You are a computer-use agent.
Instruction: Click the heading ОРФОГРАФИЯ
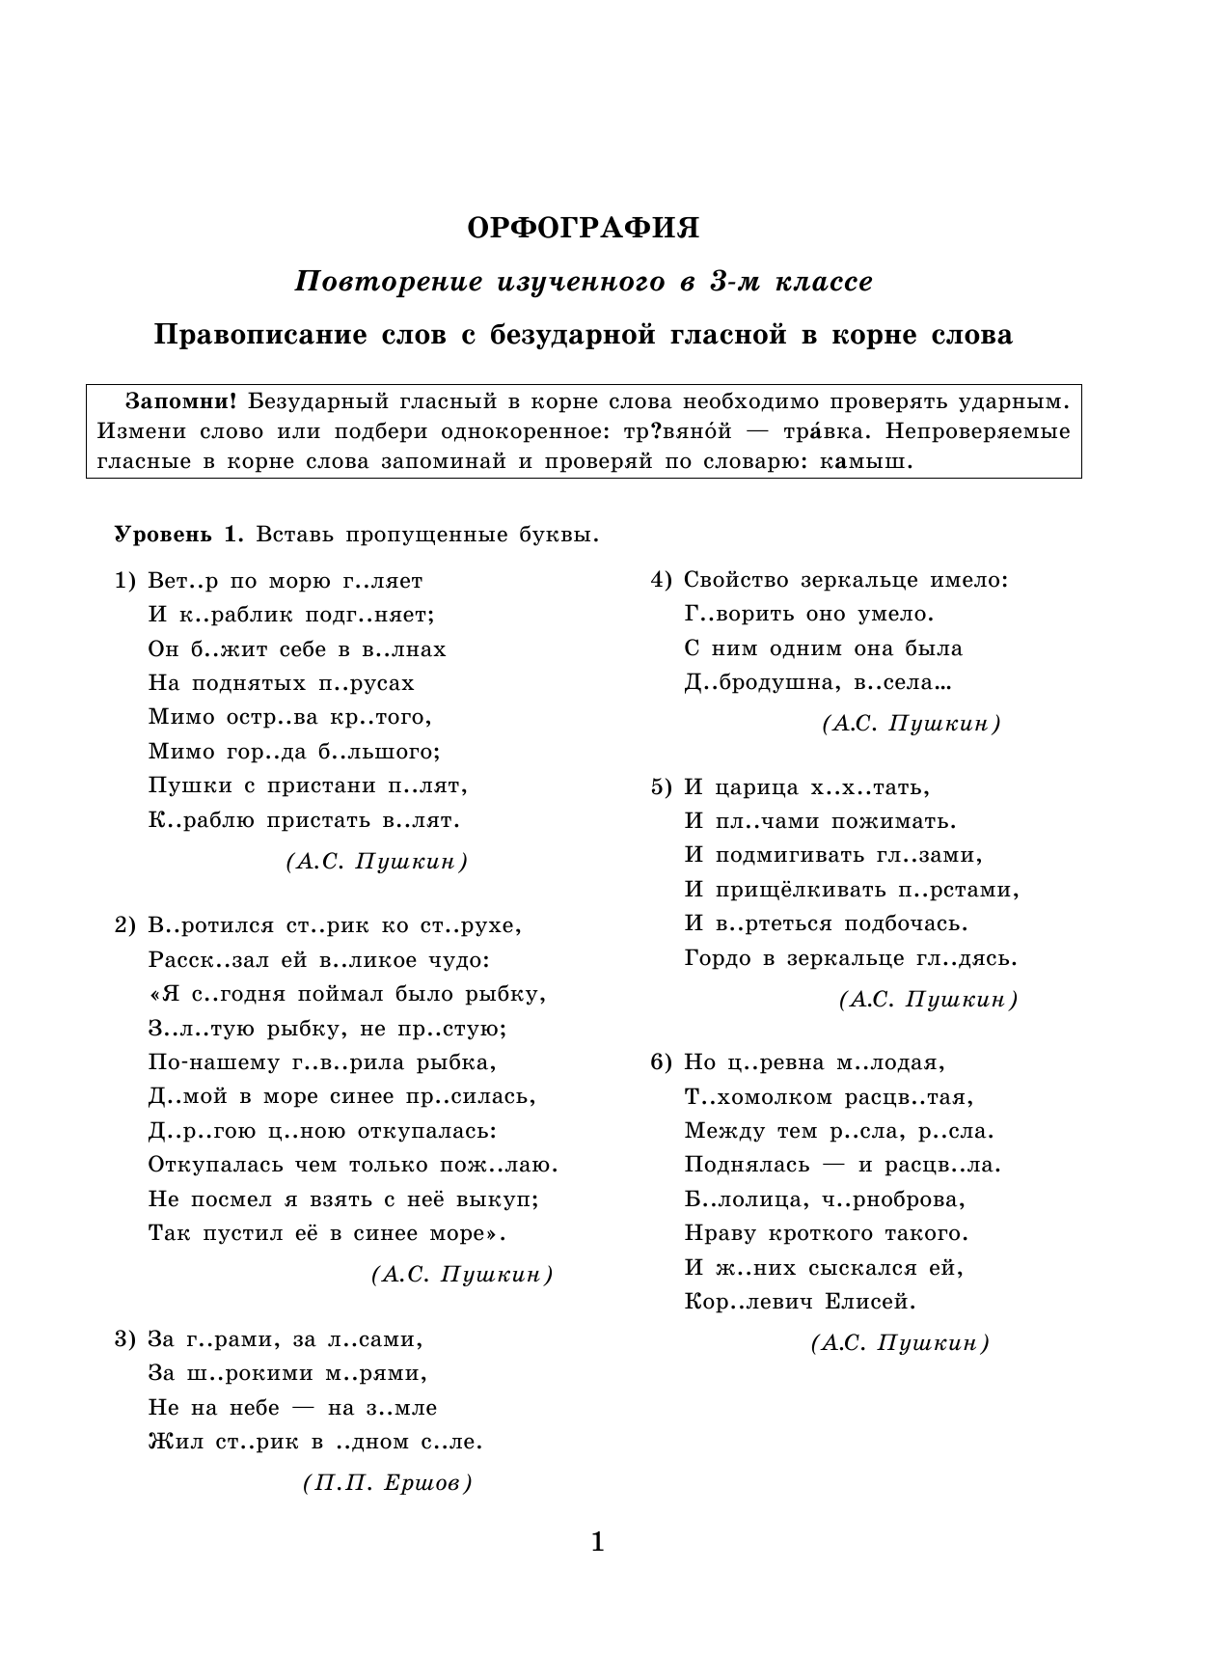[584, 229]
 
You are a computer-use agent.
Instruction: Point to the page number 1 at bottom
[596, 1542]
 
